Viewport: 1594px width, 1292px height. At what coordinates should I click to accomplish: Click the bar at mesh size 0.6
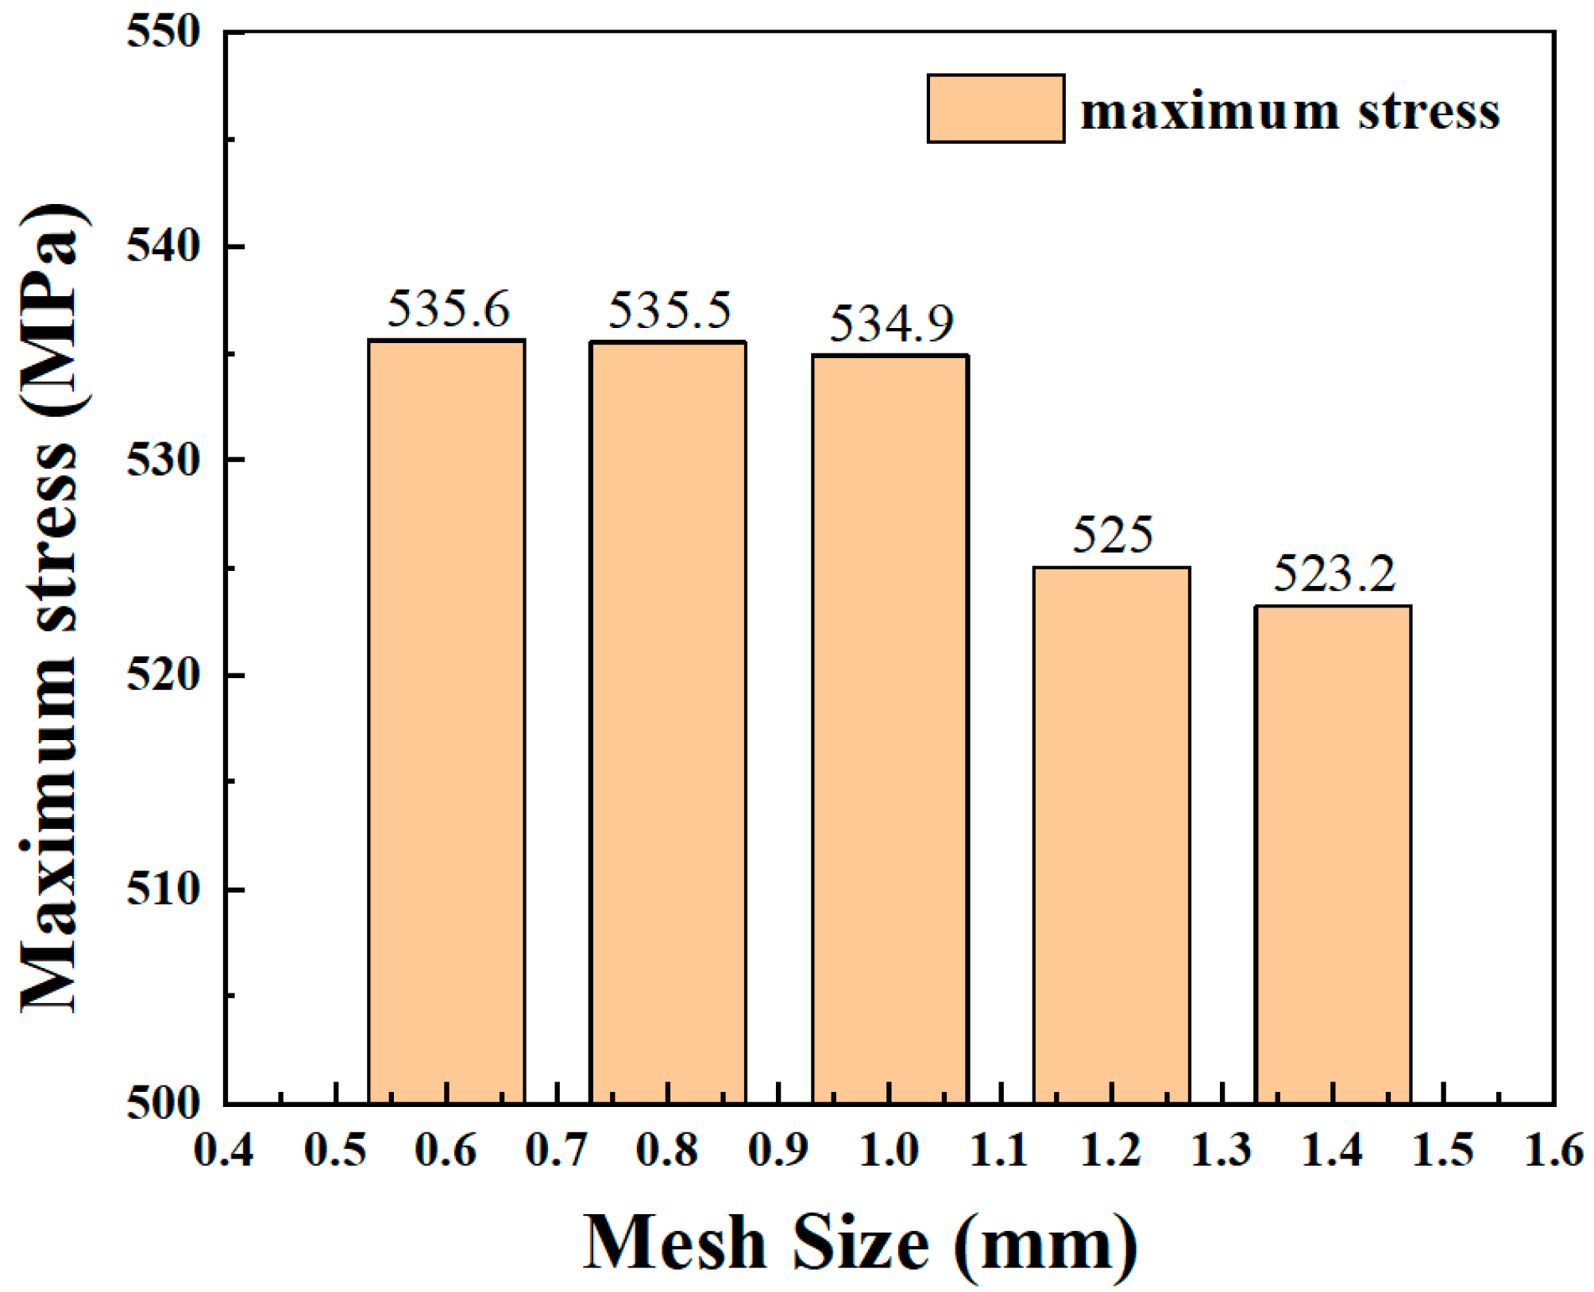(446, 721)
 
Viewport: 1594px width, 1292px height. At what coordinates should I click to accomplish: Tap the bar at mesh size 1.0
(890, 729)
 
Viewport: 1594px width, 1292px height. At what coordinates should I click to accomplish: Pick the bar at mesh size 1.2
(1111, 835)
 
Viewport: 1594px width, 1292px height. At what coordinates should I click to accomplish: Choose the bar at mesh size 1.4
(1333, 854)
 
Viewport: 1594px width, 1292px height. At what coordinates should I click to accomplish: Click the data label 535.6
(448, 309)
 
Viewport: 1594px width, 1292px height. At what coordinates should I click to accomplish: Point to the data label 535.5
(669, 310)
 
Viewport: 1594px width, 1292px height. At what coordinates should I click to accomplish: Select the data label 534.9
(891, 324)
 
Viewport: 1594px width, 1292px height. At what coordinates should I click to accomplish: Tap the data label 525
(1112, 535)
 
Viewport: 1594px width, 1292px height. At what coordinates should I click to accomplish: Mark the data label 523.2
(1333, 573)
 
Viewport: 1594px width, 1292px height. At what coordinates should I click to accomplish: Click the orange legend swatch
(995, 109)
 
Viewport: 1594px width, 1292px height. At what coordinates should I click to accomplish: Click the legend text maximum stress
(1290, 111)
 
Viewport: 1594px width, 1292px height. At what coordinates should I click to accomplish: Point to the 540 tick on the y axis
(164, 246)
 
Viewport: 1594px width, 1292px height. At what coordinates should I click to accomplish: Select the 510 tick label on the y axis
(164, 889)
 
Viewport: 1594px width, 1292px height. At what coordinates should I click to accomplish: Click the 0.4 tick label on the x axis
(224, 1151)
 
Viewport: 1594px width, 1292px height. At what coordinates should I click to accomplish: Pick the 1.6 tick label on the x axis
(1553, 1151)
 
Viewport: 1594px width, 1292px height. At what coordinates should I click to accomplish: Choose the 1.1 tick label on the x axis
(1000, 1151)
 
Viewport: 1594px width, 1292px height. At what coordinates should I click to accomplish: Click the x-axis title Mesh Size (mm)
(861, 1244)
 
